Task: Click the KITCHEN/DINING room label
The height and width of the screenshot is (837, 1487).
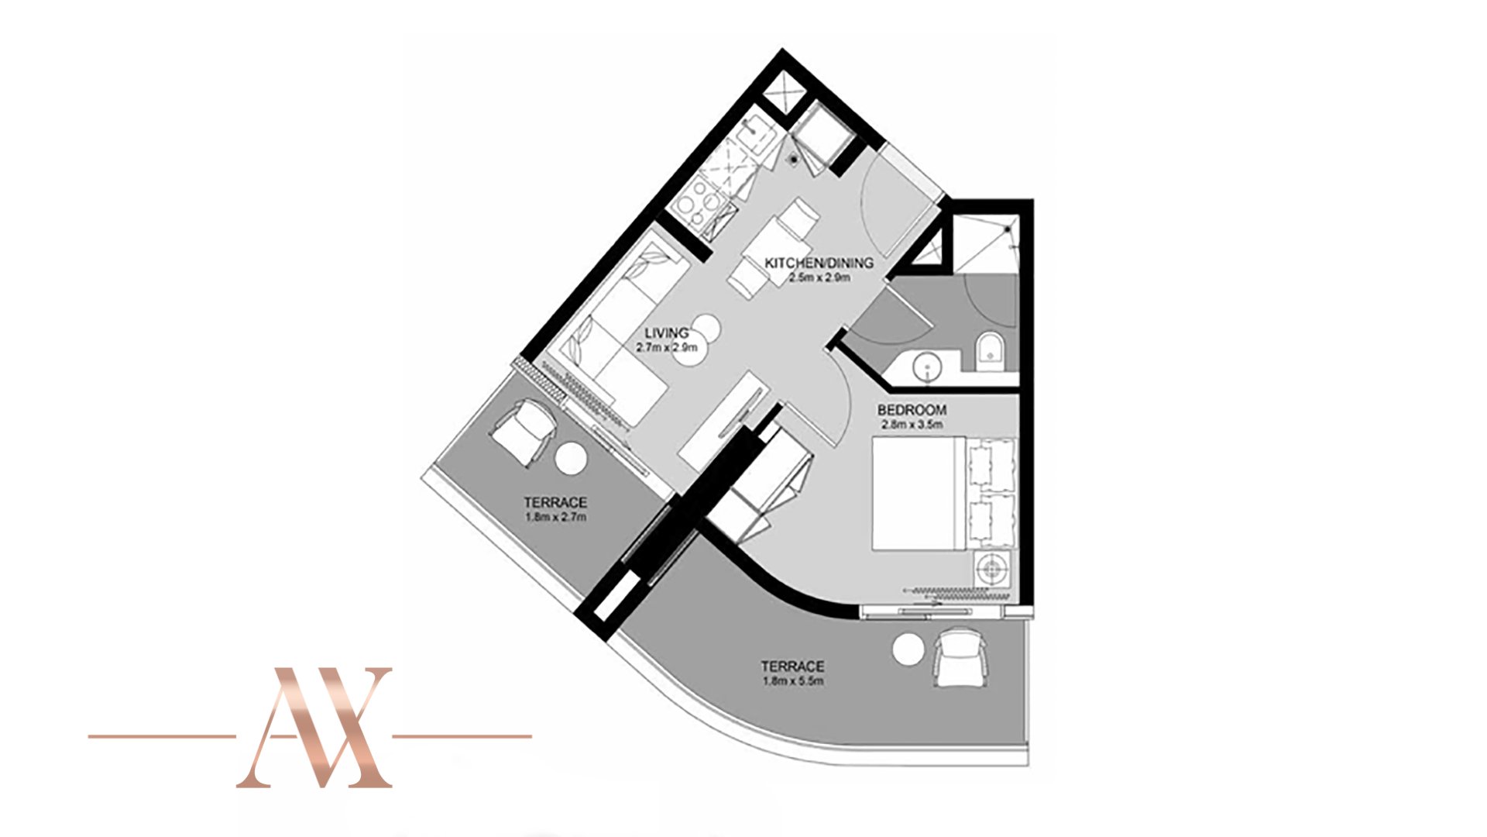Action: tap(819, 263)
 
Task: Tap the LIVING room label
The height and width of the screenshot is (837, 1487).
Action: tap(667, 333)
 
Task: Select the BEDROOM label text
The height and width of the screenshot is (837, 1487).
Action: tap(912, 410)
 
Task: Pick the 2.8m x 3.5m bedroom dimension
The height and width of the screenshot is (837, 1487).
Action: tap(912, 425)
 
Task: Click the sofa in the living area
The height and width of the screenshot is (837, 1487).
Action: tap(612, 333)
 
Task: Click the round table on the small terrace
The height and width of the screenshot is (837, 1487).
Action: tap(572, 458)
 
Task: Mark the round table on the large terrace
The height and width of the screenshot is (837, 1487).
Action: tap(908, 649)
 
